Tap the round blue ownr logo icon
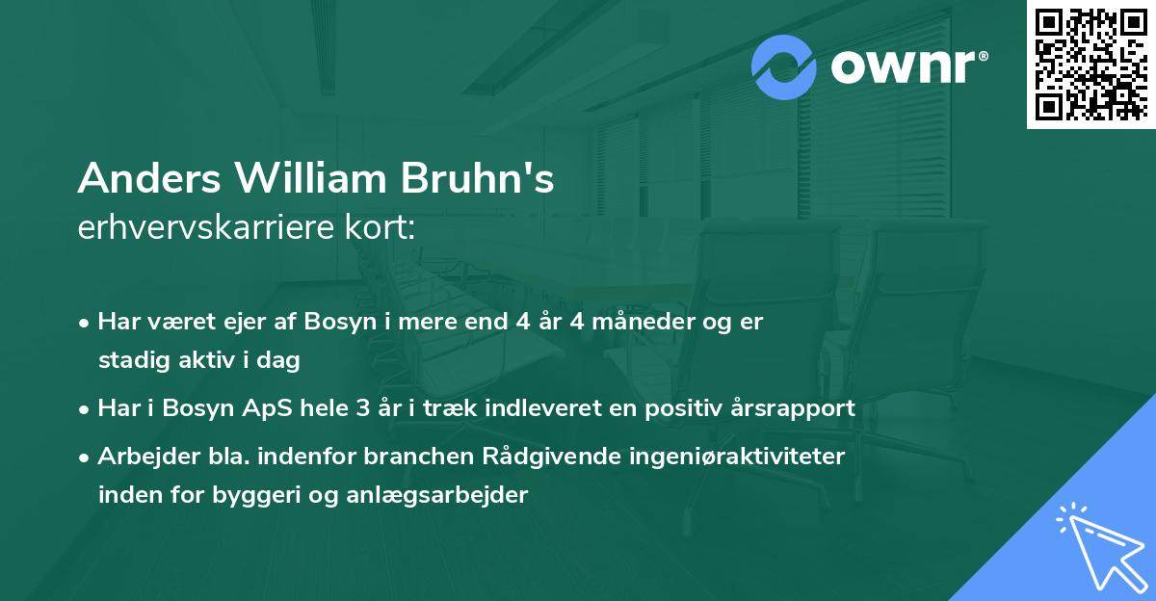click(784, 67)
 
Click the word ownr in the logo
click(902, 68)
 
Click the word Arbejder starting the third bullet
click(143, 456)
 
